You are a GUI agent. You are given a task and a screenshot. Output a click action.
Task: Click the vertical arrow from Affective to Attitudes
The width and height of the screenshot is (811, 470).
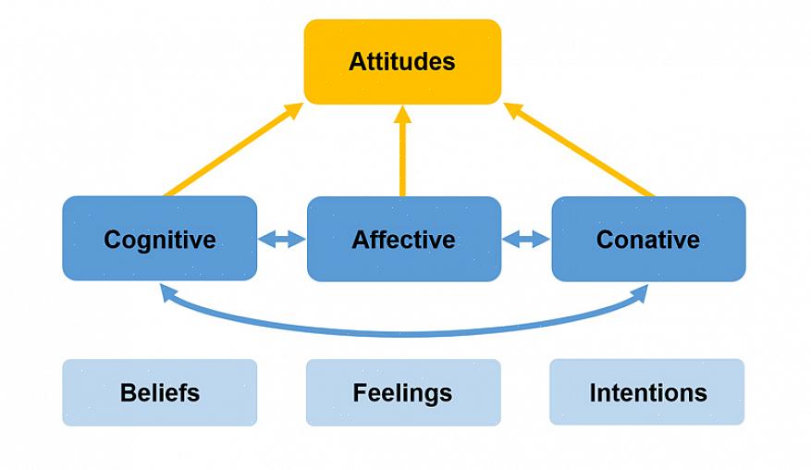402,153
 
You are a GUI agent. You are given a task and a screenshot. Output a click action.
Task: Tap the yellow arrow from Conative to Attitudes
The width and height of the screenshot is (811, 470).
578,150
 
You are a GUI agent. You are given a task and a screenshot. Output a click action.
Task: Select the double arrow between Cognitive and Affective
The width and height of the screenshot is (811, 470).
281,240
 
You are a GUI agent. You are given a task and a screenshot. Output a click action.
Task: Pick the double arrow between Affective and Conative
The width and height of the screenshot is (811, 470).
525,240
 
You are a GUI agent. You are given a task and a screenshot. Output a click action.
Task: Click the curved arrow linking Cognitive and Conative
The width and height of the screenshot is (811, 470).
402,332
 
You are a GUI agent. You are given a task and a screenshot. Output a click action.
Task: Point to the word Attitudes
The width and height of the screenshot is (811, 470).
402,62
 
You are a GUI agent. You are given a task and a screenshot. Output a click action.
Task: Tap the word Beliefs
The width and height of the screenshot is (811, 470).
159,392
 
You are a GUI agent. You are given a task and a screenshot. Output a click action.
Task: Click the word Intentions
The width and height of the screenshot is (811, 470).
648,392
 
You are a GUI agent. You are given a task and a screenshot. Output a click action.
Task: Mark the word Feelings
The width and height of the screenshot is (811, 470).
402,392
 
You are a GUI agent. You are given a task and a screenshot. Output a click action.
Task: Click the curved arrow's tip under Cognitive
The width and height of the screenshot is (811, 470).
167,291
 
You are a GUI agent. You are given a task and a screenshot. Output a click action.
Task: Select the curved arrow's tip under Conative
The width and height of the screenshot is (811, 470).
640,292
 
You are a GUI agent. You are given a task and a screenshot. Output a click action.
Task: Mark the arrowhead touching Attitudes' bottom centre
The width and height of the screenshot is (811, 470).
402,115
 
